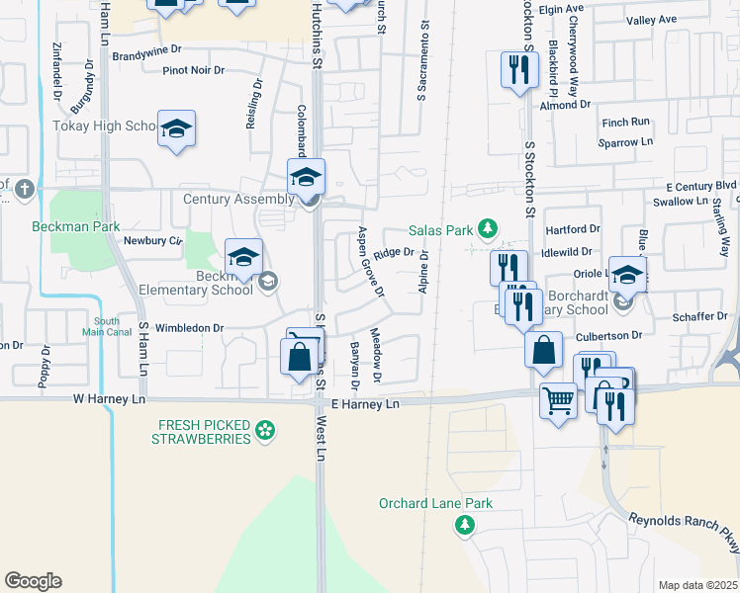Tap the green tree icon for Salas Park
(x=487, y=230)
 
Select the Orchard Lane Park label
(x=435, y=503)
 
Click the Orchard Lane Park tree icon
(x=464, y=525)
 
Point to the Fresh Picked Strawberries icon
(x=264, y=429)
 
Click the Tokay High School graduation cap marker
(x=177, y=129)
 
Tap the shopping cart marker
(x=558, y=401)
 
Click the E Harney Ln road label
(x=365, y=404)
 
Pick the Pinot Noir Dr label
(x=194, y=70)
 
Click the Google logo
(x=33, y=581)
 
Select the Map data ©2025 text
(x=697, y=585)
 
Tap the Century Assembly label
(x=238, y=199)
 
